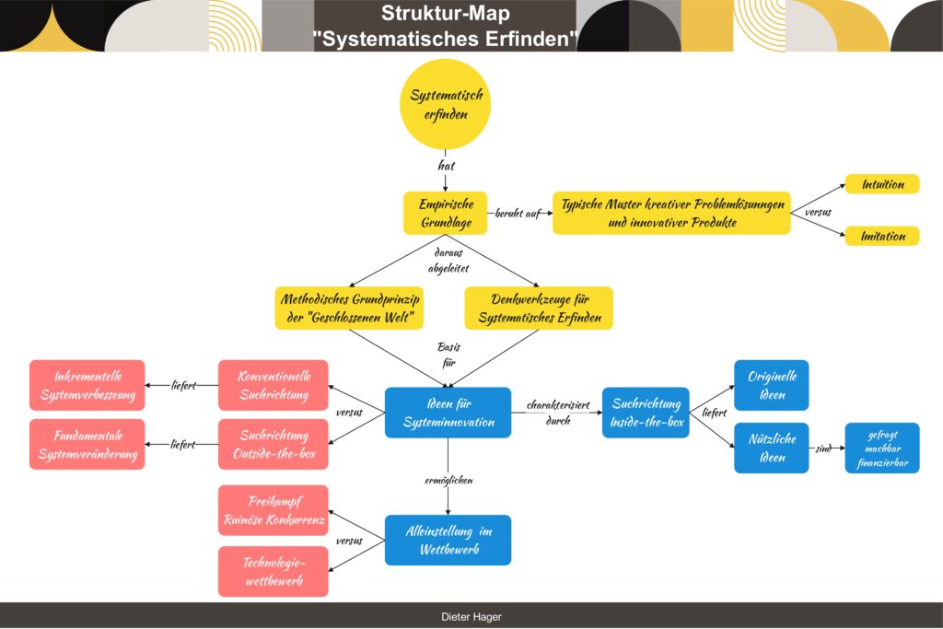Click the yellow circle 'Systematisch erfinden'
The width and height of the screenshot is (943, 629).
point(446,105)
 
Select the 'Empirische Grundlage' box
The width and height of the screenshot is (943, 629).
point(446,213)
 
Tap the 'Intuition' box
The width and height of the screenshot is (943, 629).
point(882,184)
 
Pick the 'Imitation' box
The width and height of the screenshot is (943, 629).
point(882,237)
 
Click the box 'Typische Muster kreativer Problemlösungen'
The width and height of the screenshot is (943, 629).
point(671,213)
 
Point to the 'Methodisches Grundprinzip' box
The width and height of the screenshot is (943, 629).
point(348,309)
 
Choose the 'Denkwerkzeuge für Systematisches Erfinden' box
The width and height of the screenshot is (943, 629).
point(538,309)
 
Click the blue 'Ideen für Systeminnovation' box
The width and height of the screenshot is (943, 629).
point(448,413)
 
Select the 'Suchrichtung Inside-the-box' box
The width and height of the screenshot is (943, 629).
point(646,413)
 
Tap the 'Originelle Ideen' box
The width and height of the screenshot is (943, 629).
point(771,385)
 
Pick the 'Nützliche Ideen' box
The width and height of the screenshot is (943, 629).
point(771,448)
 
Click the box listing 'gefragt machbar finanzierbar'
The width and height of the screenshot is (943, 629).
point(882,448)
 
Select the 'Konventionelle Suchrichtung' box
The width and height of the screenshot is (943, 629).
point(274,385)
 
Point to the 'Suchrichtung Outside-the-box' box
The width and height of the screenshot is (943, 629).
point(274,444)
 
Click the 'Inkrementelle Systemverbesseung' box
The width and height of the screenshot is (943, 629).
point(87,385)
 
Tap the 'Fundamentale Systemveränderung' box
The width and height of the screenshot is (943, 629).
point(87,444)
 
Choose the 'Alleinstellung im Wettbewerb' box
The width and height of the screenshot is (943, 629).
point(448,540)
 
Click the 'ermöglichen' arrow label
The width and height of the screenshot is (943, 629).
point(448,481)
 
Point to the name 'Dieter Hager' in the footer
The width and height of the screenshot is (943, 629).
point(471,617)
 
